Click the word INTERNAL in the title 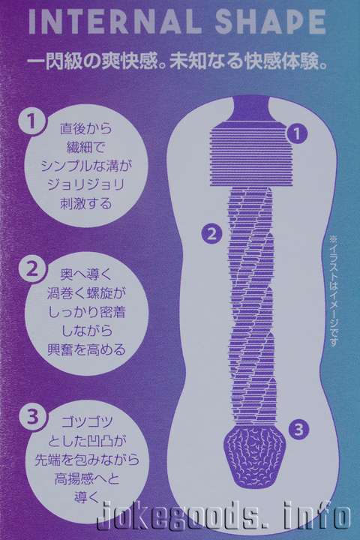click(115, 22)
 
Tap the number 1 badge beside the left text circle click(31, 121)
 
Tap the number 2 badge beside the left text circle click(32, 269)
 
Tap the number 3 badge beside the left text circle click(32, 417)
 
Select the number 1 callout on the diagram click(296, 133)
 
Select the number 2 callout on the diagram click(212, 234)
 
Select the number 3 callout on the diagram click(298, 429)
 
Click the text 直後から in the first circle click(86, 128)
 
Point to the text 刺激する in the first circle click(86, 203)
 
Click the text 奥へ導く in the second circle click(86, 274)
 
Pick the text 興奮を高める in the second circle click(86, 349)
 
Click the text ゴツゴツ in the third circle click(87, 421)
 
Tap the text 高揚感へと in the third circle click(87, 478)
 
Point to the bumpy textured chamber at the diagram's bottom click(255, 457)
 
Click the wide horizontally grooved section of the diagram click(251, 154)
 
